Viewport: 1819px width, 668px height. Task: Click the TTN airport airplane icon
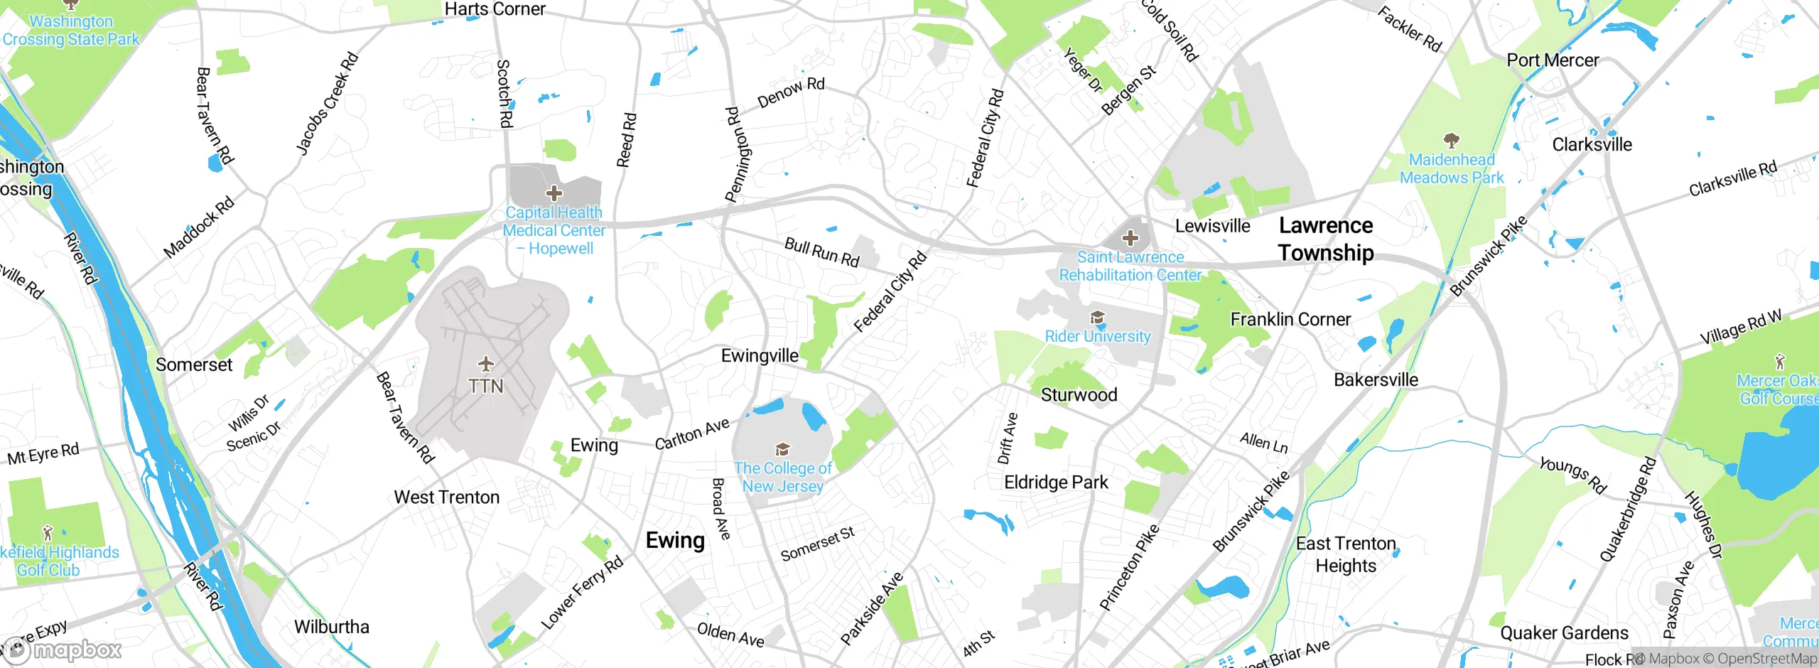pos(486,365)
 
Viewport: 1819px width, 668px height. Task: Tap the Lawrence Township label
pos(1325,239)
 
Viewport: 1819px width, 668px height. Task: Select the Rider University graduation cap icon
pos(1097,318)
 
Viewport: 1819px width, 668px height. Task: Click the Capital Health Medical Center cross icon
pos(554,193)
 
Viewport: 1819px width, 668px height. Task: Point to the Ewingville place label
pos(760,355)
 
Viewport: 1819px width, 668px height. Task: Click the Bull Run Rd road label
pos(822,252)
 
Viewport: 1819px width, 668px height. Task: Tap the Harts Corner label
pos(495,9)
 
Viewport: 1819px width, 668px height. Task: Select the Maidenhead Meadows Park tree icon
pos(1451,140)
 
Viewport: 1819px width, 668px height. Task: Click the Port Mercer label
pos(1553,60)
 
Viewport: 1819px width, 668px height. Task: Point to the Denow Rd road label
pos(791,93)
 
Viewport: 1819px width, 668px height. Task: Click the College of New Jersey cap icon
pos(782,449)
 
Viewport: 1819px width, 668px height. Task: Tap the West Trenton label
pos(446,497)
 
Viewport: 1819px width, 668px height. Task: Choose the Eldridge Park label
pos(1056,483)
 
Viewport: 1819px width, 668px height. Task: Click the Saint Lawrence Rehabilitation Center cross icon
pos(1130,238)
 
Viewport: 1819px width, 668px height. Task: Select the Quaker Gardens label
pos(1564,632)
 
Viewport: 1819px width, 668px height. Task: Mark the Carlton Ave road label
pos(692,434)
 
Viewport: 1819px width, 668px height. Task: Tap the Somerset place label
pos(194,365)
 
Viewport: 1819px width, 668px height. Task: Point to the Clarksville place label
pos(1592,144)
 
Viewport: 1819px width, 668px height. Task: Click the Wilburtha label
pos(332,627)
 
